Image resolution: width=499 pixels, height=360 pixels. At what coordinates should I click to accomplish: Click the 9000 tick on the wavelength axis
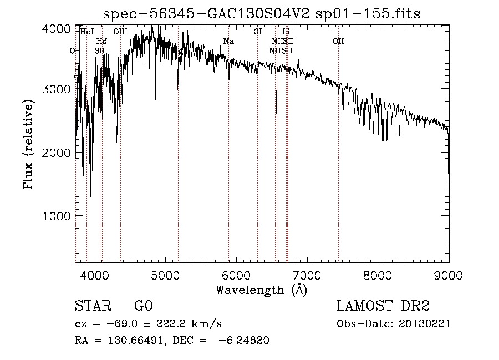449,275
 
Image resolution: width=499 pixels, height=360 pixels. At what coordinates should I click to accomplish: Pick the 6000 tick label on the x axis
236,275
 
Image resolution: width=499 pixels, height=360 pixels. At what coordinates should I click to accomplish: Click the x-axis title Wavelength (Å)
261,290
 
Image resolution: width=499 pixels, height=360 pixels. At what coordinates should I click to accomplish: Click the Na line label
228,41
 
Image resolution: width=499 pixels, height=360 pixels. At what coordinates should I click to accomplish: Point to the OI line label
257,32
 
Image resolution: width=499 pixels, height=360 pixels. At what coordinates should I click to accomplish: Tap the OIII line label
120,32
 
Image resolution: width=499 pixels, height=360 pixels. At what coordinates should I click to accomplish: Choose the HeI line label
87,32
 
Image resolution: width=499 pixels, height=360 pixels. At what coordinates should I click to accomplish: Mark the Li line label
286,32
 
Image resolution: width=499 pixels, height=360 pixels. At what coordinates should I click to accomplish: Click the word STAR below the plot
91,306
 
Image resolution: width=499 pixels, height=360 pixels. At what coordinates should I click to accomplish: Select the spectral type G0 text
143,306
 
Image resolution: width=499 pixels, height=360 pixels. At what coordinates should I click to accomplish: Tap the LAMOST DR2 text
383,306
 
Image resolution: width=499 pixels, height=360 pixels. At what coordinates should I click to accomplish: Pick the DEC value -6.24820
247,341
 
